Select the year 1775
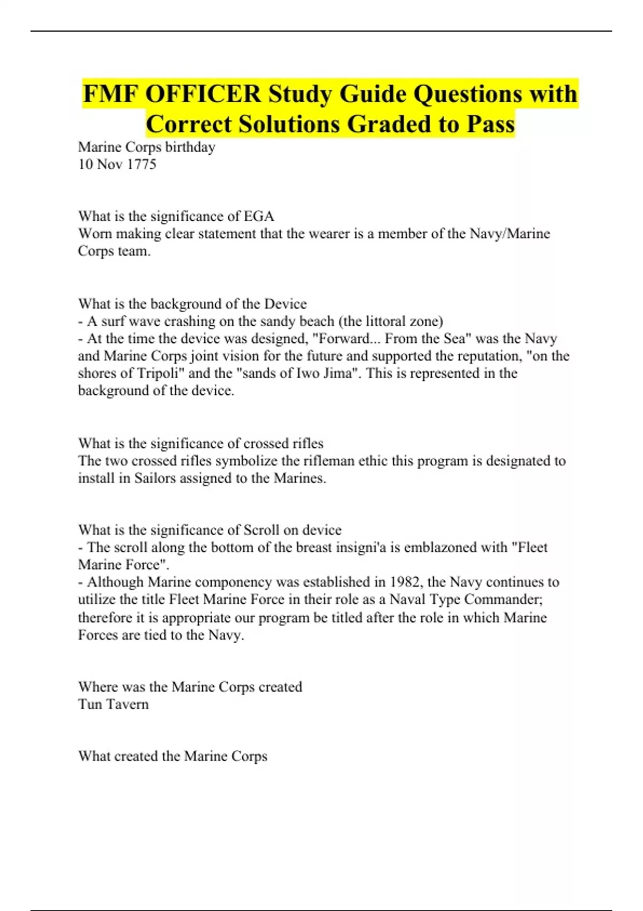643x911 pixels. [141, 164]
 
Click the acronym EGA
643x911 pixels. [259, 216]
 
